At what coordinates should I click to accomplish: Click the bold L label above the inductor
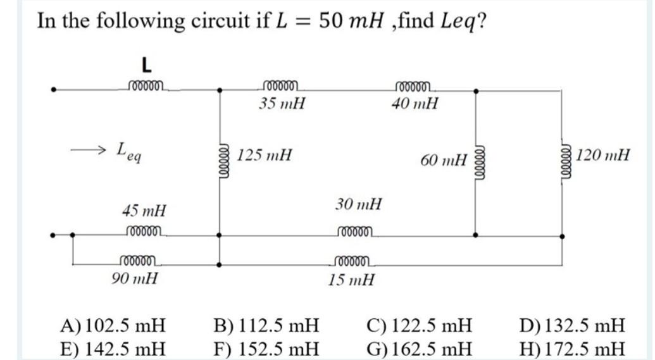pos(146,65)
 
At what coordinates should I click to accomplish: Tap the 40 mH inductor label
pos(415,103)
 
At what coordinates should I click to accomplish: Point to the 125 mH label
pos(265,154)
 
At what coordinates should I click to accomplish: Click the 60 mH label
pos(444,161)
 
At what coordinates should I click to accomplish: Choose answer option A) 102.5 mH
pos(113,326)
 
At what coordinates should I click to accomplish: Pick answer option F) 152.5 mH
pos(266,348)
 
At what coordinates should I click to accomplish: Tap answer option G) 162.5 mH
pos(419,348)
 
